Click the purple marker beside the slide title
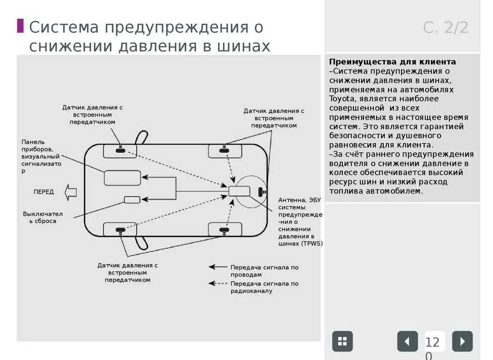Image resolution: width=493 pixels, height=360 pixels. (20, 26)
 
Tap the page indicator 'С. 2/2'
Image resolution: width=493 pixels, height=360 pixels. (445, 27)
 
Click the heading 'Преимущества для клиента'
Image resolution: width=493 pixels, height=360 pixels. (392, 62)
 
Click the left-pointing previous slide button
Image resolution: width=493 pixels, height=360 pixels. (407, 341)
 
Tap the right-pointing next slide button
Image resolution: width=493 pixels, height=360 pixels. (462, 341)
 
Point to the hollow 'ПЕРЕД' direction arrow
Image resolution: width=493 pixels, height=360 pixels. (71, 191)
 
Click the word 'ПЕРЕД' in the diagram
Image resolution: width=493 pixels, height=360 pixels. (44, 192)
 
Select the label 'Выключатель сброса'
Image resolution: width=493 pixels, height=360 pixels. (42, 217)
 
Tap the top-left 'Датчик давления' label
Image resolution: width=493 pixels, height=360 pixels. (92, 115)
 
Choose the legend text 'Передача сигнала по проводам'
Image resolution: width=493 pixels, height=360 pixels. (264, 271)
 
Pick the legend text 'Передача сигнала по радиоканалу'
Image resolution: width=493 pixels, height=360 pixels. (264, 287)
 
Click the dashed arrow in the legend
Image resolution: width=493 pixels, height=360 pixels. (218, 283)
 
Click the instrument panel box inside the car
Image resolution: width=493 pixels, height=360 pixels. (122, 178)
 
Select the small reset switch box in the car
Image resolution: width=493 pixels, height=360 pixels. (132, 200)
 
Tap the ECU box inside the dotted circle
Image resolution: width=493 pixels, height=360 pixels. (239, 191)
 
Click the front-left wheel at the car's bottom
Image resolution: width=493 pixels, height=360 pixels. (120, 229)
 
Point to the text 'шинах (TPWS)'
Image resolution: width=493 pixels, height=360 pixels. (300, 244)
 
